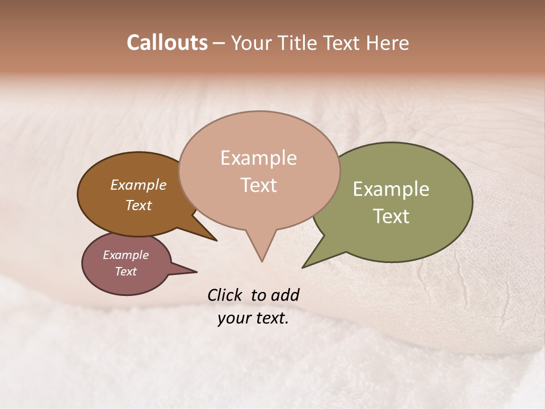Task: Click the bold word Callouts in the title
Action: click(167, 43)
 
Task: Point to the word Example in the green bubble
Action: click(391, 189)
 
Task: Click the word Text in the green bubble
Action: click(391, 216)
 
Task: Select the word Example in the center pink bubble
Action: click(258, 158)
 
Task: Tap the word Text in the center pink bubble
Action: click(258, 185)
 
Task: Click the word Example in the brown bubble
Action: click(138, 185)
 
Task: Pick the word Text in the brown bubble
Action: click(138, 205)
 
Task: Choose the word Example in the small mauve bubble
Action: click(125, 255)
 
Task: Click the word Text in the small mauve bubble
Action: click(125, 272)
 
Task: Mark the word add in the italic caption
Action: click(284, 295)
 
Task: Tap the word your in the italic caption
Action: click(233, 318)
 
